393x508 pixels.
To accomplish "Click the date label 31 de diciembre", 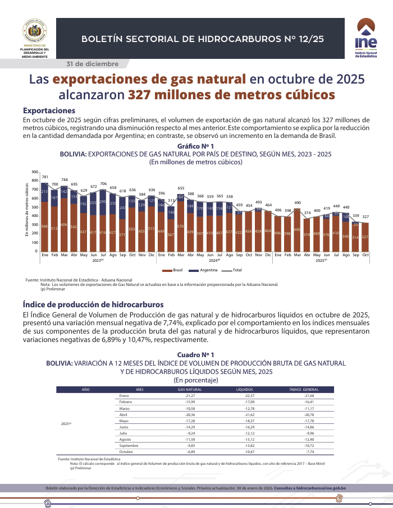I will coord(93,63).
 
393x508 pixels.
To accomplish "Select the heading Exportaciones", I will coord(49,110).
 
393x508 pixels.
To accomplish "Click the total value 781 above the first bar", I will coord(45,177).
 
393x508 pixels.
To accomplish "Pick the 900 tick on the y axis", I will coord(35,172).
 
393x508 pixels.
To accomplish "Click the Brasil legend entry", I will coord(175,270).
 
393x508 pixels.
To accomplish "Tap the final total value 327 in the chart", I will coord(365,216).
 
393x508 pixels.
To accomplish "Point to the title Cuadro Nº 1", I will coord(195,355).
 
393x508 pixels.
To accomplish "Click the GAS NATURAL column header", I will coord(190,389).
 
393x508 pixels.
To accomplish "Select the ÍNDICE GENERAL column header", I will coord(304,389).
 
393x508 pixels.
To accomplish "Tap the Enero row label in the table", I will coord(124,395).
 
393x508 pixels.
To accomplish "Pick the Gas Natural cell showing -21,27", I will coord(190,395).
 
